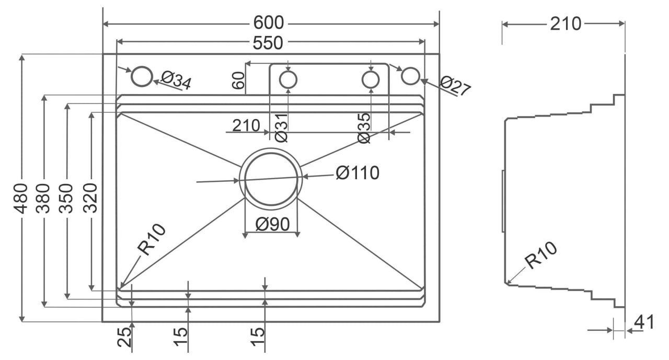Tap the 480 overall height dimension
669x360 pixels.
21,199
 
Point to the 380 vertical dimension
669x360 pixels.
44,199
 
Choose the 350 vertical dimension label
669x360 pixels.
67,199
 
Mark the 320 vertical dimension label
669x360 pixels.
90,199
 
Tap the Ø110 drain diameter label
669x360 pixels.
357,172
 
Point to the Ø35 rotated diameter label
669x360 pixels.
364,128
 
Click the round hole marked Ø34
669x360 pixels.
141,76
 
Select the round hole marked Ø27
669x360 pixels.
410,75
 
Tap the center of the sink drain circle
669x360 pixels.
271,179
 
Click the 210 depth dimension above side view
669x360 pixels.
566,24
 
